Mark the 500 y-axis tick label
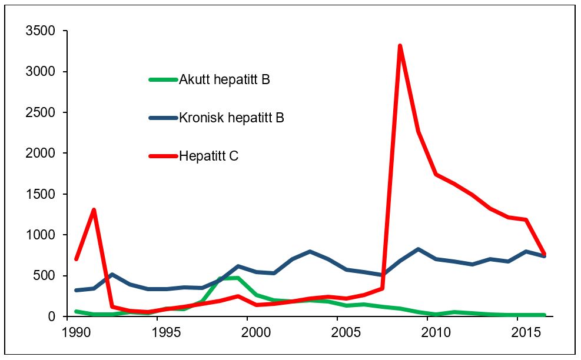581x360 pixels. point(47,276)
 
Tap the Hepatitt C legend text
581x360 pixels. point(208,156)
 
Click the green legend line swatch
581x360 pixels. point(163,79)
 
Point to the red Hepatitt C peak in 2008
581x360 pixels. point(400,46)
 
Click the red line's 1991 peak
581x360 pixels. point(94,210)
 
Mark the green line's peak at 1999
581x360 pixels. point(238,278)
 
